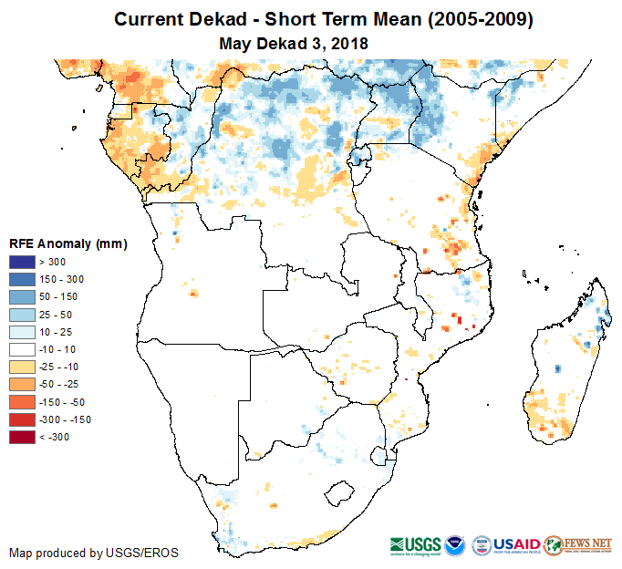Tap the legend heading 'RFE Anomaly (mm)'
(67, 244)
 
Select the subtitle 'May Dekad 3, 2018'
(294, 43)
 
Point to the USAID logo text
(517, 543)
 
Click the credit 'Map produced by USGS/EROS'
(94, 553)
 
